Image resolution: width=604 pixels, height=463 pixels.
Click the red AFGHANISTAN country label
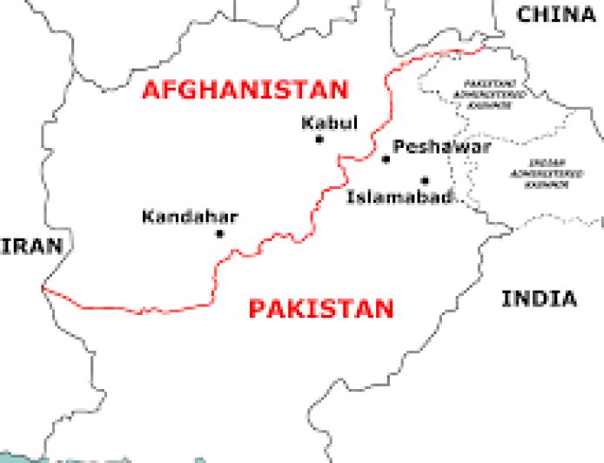tap(245, 90)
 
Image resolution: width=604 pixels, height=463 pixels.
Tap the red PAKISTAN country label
tap(320, 309)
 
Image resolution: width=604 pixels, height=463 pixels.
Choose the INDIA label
tap(539, 299)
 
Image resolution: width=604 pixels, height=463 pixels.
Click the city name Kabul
tap(329, 123)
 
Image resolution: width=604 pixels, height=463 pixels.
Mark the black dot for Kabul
tap(319, 139)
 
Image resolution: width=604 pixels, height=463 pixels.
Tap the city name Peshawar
tap(442, 146)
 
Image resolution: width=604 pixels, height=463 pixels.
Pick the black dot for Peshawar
tap(386, 159)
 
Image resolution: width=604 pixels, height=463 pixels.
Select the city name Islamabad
tap(399, 198)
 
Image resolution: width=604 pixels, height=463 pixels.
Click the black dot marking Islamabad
tap(425, 181)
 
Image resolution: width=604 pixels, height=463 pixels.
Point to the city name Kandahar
tap(190, 217)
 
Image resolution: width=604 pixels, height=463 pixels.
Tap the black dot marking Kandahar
tap(219, 233)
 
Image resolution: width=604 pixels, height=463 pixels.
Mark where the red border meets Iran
tap(43, 288)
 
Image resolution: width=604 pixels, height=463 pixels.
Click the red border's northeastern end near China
tap(461, 50)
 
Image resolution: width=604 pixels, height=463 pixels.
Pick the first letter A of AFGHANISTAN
tap(152, 90)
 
